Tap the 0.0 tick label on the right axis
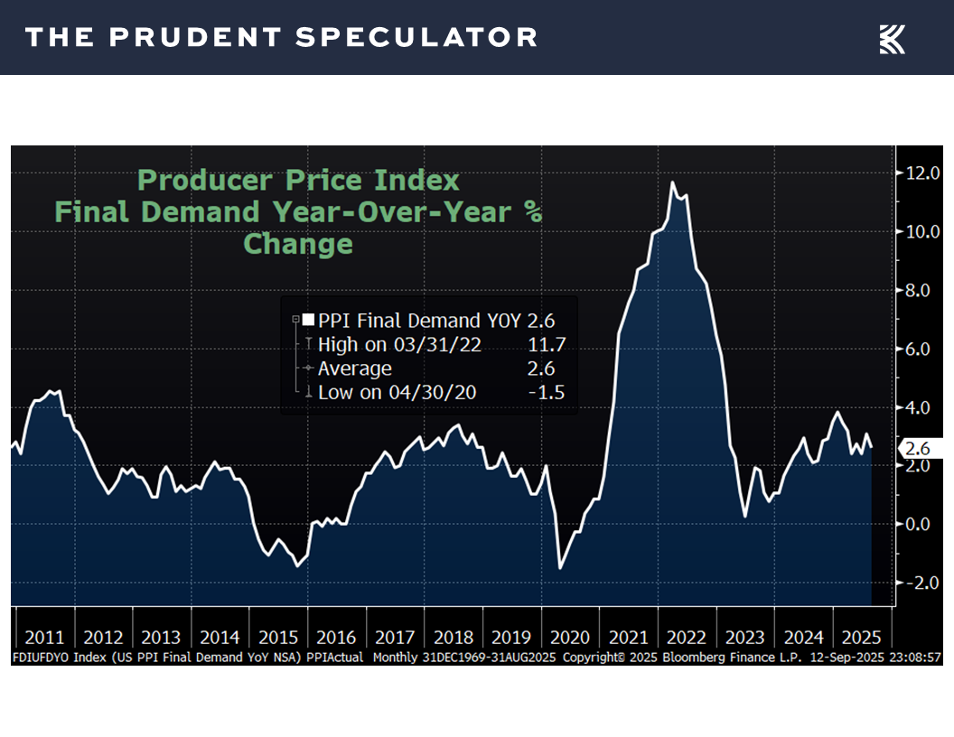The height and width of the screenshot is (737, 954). (x=921, y=524)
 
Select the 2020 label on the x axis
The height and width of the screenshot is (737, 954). (x=571, y=638)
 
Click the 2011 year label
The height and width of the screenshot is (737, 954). (x=43, y=638)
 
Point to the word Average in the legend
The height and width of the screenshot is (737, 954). (x=355, y=368)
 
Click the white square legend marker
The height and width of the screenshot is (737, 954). (x=308, y=320)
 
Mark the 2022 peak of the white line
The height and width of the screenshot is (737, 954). (x=672, y=182)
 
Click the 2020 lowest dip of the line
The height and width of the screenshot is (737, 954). (x=560, y=567)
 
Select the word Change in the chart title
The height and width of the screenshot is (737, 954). (x=298, y=244)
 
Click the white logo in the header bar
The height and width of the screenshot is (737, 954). (x=892, y=38)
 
